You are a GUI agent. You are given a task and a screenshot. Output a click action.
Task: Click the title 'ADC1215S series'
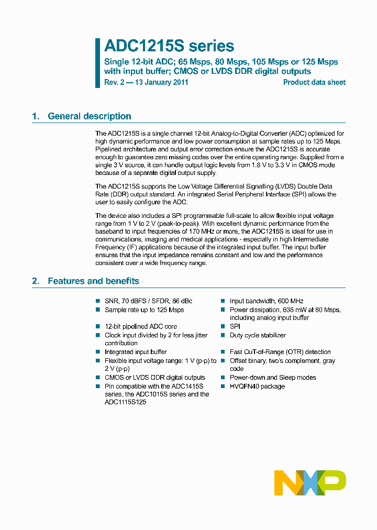pos(169,46)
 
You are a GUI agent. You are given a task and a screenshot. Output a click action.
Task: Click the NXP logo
pos(310,482)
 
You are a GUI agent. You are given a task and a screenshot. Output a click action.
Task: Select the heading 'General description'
pos(90,116)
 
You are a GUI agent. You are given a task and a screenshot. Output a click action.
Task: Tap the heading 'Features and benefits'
pos(93,281)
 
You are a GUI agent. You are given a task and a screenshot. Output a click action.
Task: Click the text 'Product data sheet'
pos(314,82)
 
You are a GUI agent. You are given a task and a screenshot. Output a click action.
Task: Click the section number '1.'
pos(36,116)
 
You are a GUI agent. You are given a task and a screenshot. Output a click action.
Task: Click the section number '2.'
pos(36,281)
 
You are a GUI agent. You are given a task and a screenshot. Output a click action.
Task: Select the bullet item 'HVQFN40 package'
pos(257,387)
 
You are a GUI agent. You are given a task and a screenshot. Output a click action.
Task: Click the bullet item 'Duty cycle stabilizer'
pos(258,335)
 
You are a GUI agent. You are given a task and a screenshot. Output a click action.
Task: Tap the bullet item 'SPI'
pos(235,326)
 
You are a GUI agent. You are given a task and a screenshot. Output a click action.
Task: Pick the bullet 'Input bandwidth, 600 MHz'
pos(267,301)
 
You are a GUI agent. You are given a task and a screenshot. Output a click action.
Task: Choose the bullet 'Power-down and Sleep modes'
pos(273,378)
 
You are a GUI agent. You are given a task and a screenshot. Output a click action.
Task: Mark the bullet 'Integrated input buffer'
pos(136,352)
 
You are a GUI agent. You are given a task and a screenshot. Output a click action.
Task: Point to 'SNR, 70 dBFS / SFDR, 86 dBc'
pos(148,301)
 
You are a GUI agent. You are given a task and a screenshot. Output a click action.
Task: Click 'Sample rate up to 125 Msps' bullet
pos(144,310)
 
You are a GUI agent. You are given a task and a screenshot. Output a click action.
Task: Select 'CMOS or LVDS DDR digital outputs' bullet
pos(154,378)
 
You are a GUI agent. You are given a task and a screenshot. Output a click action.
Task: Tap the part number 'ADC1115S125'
pos(126,402)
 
